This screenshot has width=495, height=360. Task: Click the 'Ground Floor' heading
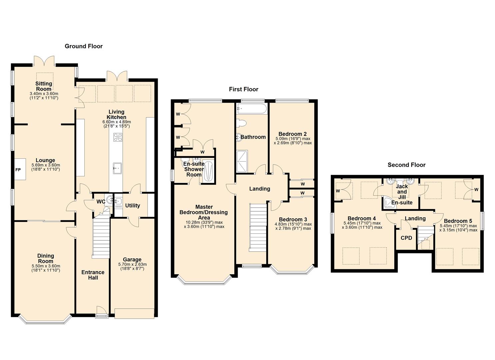click(84, 46)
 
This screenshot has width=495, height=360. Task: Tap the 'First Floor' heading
click(244, 89)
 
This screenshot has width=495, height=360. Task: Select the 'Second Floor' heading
click(407, 165)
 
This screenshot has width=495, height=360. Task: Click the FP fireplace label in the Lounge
click(18, 170)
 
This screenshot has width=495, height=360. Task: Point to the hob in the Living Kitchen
click(118, 137)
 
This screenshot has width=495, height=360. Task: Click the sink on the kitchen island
click(117, 168)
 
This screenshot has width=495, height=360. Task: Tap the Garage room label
click(132, 259)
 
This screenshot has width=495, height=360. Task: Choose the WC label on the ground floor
click(101, 202)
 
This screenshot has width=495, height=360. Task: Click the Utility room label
click(133, 206)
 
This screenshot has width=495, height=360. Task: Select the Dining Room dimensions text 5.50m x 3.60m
click(46, 266)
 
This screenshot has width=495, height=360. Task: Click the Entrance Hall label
click(93, 275)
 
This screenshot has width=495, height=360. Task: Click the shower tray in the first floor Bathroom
click(242, 161)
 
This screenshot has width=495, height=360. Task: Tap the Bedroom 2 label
click(293, 134)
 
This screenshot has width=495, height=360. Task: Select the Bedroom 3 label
click(293, 219)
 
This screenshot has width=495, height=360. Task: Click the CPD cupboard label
click(406, 238)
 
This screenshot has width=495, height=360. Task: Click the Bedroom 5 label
click(458, 221)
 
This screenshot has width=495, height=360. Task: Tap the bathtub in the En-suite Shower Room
click(208, 172)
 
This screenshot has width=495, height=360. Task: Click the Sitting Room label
click(44, 86)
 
